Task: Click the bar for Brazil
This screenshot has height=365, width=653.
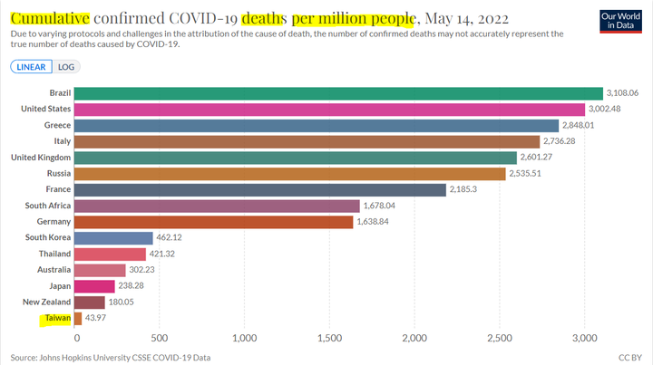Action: click(x=337, y=93)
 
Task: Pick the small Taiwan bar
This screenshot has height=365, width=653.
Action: click(x=78, y=318)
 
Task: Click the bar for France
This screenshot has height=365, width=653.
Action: click(x=259, y=189)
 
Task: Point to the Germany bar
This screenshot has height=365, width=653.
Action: click(x=213, y=222)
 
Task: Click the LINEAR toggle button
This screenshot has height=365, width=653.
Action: click(x=31, y=67)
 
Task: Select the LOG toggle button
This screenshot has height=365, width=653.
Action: click(x=66, y=67)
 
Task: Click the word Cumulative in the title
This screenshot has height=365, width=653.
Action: click(x=51, y=18)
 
